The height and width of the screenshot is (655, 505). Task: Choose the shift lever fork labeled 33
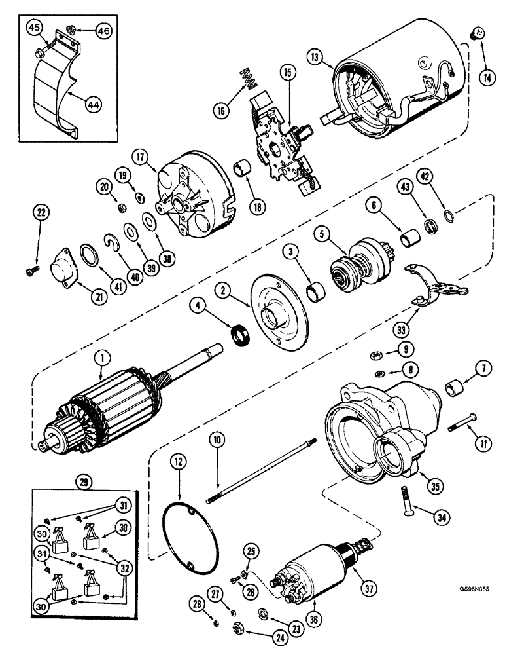click(x=434, y=283)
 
